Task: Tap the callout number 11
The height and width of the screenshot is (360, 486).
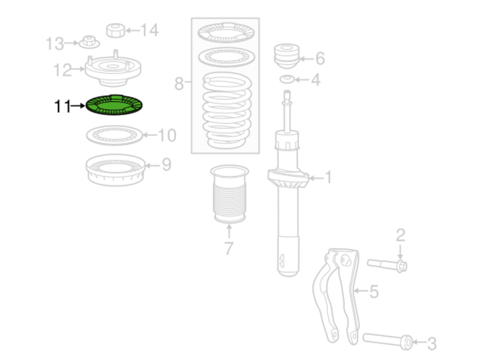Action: [63, 106]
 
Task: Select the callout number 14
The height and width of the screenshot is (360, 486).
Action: [150, 30]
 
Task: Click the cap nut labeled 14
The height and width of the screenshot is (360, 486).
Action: [116, 31]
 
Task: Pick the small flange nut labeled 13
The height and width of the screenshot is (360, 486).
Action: [89, 42]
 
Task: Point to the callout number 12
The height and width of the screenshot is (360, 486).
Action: [63, 70]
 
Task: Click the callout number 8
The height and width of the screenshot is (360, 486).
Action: [179, 83]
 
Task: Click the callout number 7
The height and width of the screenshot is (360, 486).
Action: [229, 248]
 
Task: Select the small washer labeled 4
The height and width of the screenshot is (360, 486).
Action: [287, 79]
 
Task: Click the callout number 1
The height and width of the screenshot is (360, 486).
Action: [328, 177]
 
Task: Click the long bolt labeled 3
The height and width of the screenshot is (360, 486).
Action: [387, 341]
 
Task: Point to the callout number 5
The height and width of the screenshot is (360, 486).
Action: [374, 292]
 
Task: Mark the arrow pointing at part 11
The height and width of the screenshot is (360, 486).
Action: [78, 106]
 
